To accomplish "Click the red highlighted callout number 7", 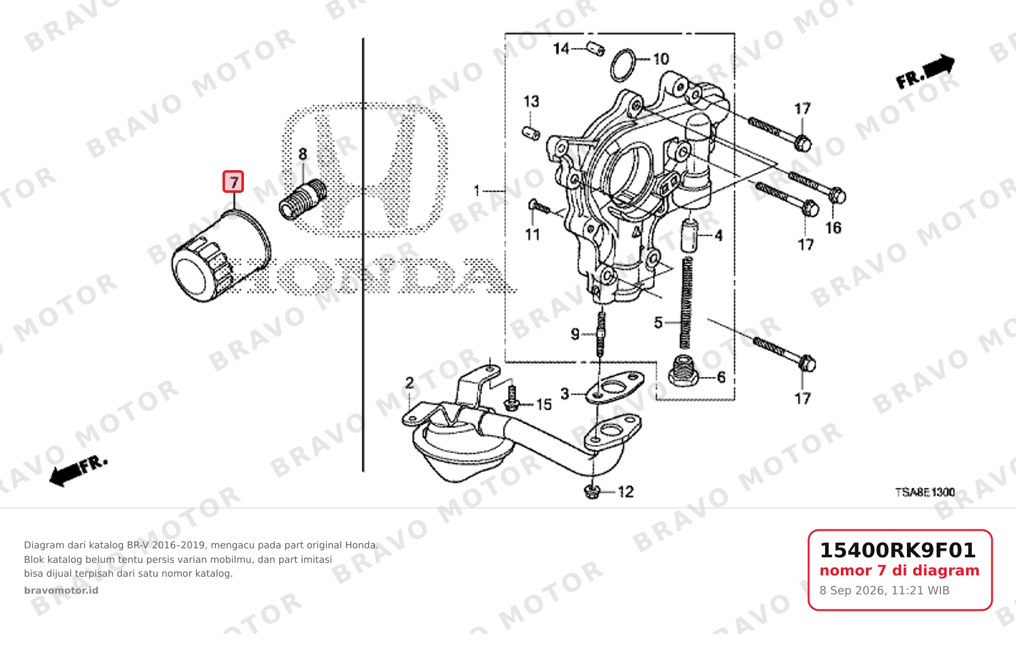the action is [233, 182].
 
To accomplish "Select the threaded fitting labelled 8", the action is [303, 200].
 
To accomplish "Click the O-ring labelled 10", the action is [623, 66].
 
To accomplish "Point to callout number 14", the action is [561, 48].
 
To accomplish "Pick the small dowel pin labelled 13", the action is [531, 133].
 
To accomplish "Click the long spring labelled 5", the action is [687, 303].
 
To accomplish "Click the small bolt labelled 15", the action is [511, 398].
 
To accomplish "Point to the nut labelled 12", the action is [592, 492].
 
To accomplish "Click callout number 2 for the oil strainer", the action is [409, 383].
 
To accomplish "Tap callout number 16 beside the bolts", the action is [833, 228].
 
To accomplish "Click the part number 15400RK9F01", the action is [898, 550].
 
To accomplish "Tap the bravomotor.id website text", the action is [61, 591].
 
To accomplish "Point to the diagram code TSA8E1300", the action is [925, 492].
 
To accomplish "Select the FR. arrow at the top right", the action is [925, 71].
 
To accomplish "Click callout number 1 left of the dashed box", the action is [476, 191].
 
